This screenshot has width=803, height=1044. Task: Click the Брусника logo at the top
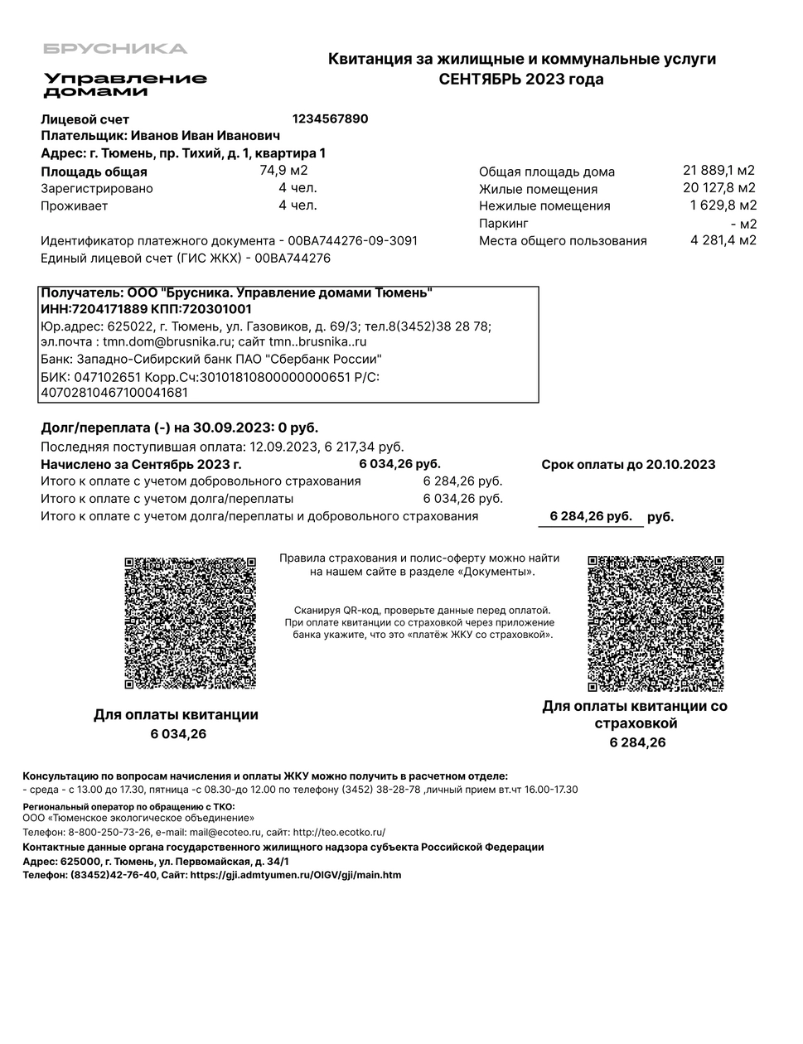click(115, 48)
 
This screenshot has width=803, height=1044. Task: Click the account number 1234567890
click(330, 118)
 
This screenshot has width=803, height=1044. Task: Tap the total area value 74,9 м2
click(283, 171)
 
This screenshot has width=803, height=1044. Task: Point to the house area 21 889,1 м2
click(718, 171)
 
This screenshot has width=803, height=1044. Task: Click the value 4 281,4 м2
click(723, 240)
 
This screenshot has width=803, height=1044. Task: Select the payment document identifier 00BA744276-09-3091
click(352, 241)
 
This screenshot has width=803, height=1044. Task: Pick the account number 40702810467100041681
click(114, 392)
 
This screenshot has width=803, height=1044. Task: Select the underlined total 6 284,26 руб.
click(590, 516)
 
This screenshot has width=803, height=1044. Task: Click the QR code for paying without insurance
click(190, 623)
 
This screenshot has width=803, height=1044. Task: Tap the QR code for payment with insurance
click(655, 623)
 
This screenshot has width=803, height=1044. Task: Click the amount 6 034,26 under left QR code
click(178, 733)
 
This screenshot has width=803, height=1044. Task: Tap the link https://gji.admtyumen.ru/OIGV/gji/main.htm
click(295, 875)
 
